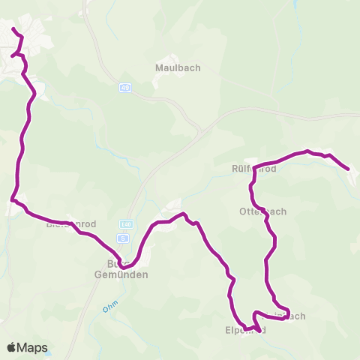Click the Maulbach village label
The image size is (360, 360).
178,68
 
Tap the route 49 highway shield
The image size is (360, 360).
124,88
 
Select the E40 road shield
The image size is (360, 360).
126,223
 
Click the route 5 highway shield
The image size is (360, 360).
125,237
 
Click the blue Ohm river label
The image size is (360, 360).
110,309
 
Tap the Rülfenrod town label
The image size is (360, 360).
254,169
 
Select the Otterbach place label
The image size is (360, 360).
262,211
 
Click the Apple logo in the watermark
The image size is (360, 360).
13,347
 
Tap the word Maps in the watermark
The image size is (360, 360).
33,347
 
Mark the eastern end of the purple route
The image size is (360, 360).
349,169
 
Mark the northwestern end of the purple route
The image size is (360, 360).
13,28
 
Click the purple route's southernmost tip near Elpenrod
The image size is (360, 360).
259,330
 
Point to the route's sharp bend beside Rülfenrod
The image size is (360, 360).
254,167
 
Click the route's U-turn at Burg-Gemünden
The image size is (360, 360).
121,265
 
